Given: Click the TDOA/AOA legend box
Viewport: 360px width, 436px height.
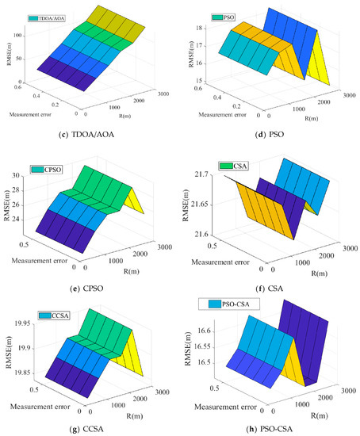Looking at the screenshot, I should (x=47, y=17).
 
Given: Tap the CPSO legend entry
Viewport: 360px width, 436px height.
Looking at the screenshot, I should (x=45, y=170).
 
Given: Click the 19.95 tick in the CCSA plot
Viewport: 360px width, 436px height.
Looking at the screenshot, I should (x=23, y=323).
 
